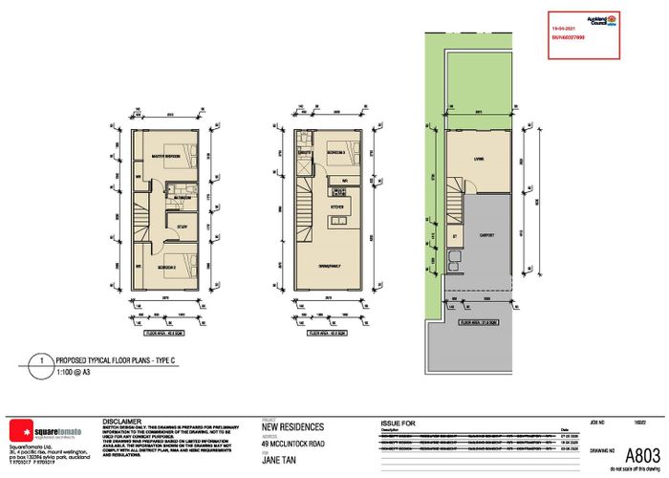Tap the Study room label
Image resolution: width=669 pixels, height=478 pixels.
coord(180,228)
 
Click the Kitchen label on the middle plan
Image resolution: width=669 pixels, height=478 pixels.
coord(336,206)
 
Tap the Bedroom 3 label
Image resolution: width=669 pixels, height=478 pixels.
coord(335,153)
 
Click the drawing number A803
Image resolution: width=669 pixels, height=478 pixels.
coord(633,455)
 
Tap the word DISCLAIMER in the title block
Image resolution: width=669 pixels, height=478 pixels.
coord(122,420)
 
